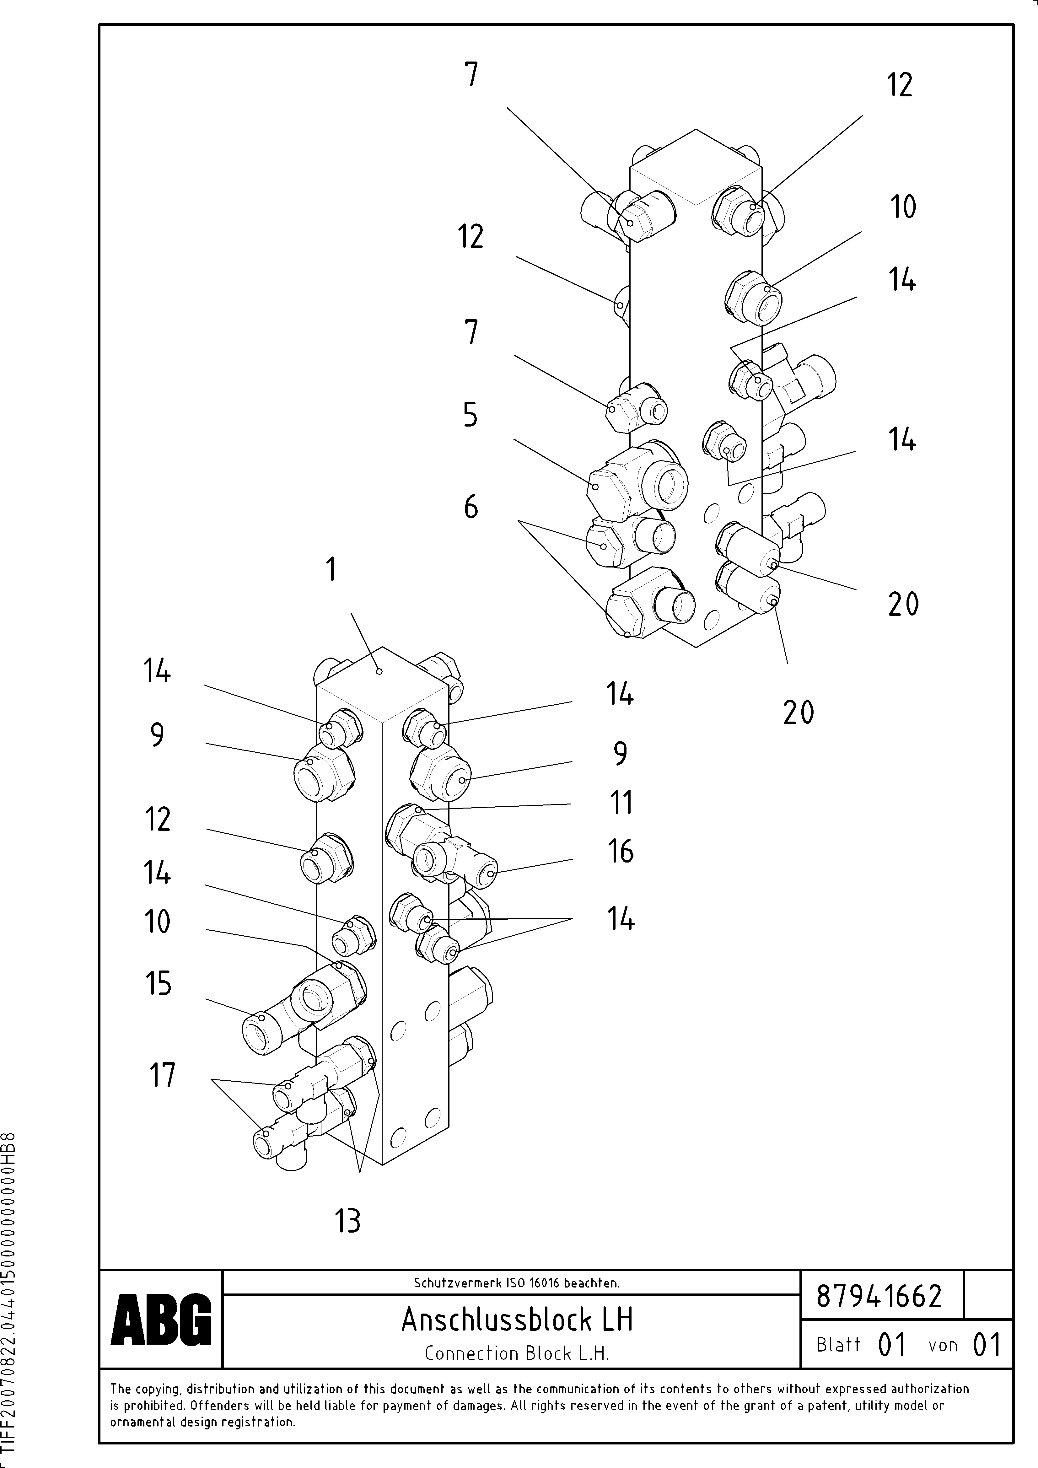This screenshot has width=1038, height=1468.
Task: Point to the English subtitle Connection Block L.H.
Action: pyautogui.click(x=517, y=1353)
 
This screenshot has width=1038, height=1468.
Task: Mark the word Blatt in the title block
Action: pyautogui.click(x=838, y=1345)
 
